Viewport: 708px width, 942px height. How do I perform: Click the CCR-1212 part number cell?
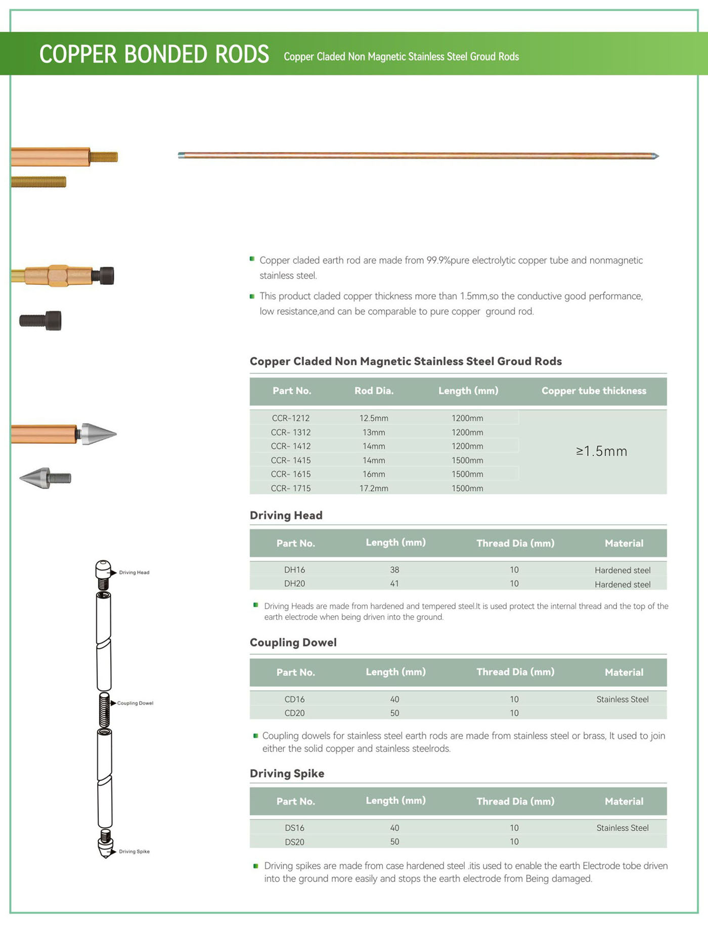(290, 418)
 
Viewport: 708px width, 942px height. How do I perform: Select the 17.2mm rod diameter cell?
(374, 488)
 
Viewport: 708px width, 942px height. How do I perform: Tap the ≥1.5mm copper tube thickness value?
(601, 451)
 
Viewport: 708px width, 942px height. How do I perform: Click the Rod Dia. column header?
(374, 391)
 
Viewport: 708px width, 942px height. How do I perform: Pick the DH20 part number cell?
(294, 583)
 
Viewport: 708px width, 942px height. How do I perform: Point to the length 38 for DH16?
(394, 570)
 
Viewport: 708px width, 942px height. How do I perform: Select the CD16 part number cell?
(294, 699)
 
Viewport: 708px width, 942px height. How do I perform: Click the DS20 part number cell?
(294, 842)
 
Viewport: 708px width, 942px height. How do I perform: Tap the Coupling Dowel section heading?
(293, 643)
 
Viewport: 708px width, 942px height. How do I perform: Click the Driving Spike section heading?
(287, 774)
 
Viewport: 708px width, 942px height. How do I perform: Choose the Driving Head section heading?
(286, 516)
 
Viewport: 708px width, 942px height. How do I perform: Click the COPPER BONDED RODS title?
(154, 54)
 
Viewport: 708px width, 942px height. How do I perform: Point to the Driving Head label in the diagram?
(134, 573)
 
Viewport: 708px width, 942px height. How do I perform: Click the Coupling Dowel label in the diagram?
(135, 703)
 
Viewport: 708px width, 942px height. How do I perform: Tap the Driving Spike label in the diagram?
(134, 851)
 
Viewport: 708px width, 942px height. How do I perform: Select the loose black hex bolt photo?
(40, 320)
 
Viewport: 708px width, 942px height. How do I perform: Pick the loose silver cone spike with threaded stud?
(45, 478)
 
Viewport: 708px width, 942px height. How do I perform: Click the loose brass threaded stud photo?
(38, 182)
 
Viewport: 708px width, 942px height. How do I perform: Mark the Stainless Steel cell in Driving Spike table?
(622, 828)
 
